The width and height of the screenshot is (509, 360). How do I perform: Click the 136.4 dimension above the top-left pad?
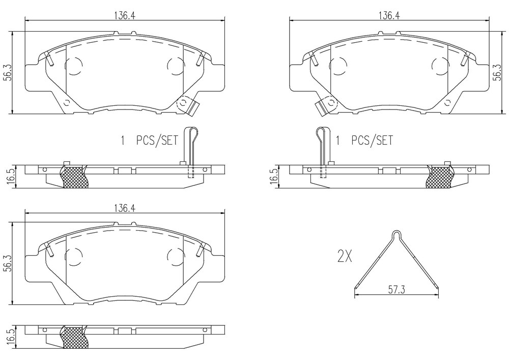click(124, 16)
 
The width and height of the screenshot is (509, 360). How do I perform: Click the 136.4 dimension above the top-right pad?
click(388, 16)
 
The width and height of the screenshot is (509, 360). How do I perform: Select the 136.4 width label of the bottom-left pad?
click(124, 208)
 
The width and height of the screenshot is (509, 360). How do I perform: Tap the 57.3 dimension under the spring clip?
click(397, 289)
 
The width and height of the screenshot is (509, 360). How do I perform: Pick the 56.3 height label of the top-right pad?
click(497, 73)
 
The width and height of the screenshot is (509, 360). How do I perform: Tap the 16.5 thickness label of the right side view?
click(274, 177)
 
